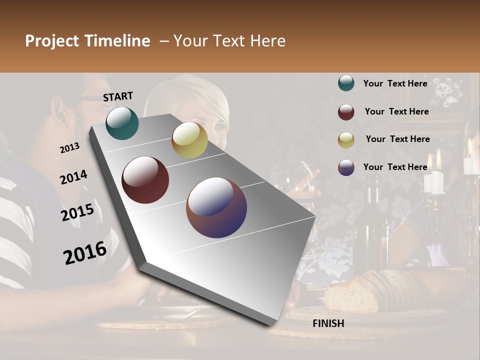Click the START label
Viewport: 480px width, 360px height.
coord(118,96)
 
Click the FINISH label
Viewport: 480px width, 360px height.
coord(328,323)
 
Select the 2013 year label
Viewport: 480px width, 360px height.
coord(69,147)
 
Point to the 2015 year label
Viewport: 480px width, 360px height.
coord(77,212)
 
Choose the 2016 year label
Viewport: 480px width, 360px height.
coord(84,252)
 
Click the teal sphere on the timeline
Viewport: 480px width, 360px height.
coord(122,123)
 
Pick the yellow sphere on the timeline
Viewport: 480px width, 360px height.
coord(189,140)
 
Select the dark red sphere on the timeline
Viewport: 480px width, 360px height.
coord(145,180)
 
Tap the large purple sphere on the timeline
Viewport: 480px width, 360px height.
coord(216,207)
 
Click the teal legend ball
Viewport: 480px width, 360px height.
coord(346,83)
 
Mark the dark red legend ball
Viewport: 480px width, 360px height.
coord(346,112)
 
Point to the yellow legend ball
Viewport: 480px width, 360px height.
coord(346,140)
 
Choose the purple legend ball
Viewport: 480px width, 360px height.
coord(346,167)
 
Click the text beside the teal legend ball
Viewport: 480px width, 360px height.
coord(395,83)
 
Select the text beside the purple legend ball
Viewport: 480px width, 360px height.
coord(395,167)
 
